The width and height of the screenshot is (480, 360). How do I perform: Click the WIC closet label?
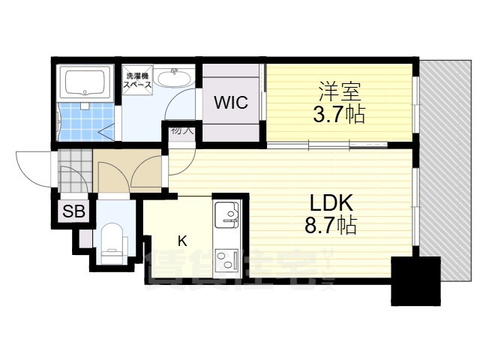pos(231,103)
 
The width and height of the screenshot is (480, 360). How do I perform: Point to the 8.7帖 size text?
pos(331,224)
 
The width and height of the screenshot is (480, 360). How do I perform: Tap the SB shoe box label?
pos(73,212)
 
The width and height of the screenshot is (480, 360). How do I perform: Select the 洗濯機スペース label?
pos(139,80)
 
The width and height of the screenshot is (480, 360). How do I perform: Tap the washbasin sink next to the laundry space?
pos(177,78)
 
